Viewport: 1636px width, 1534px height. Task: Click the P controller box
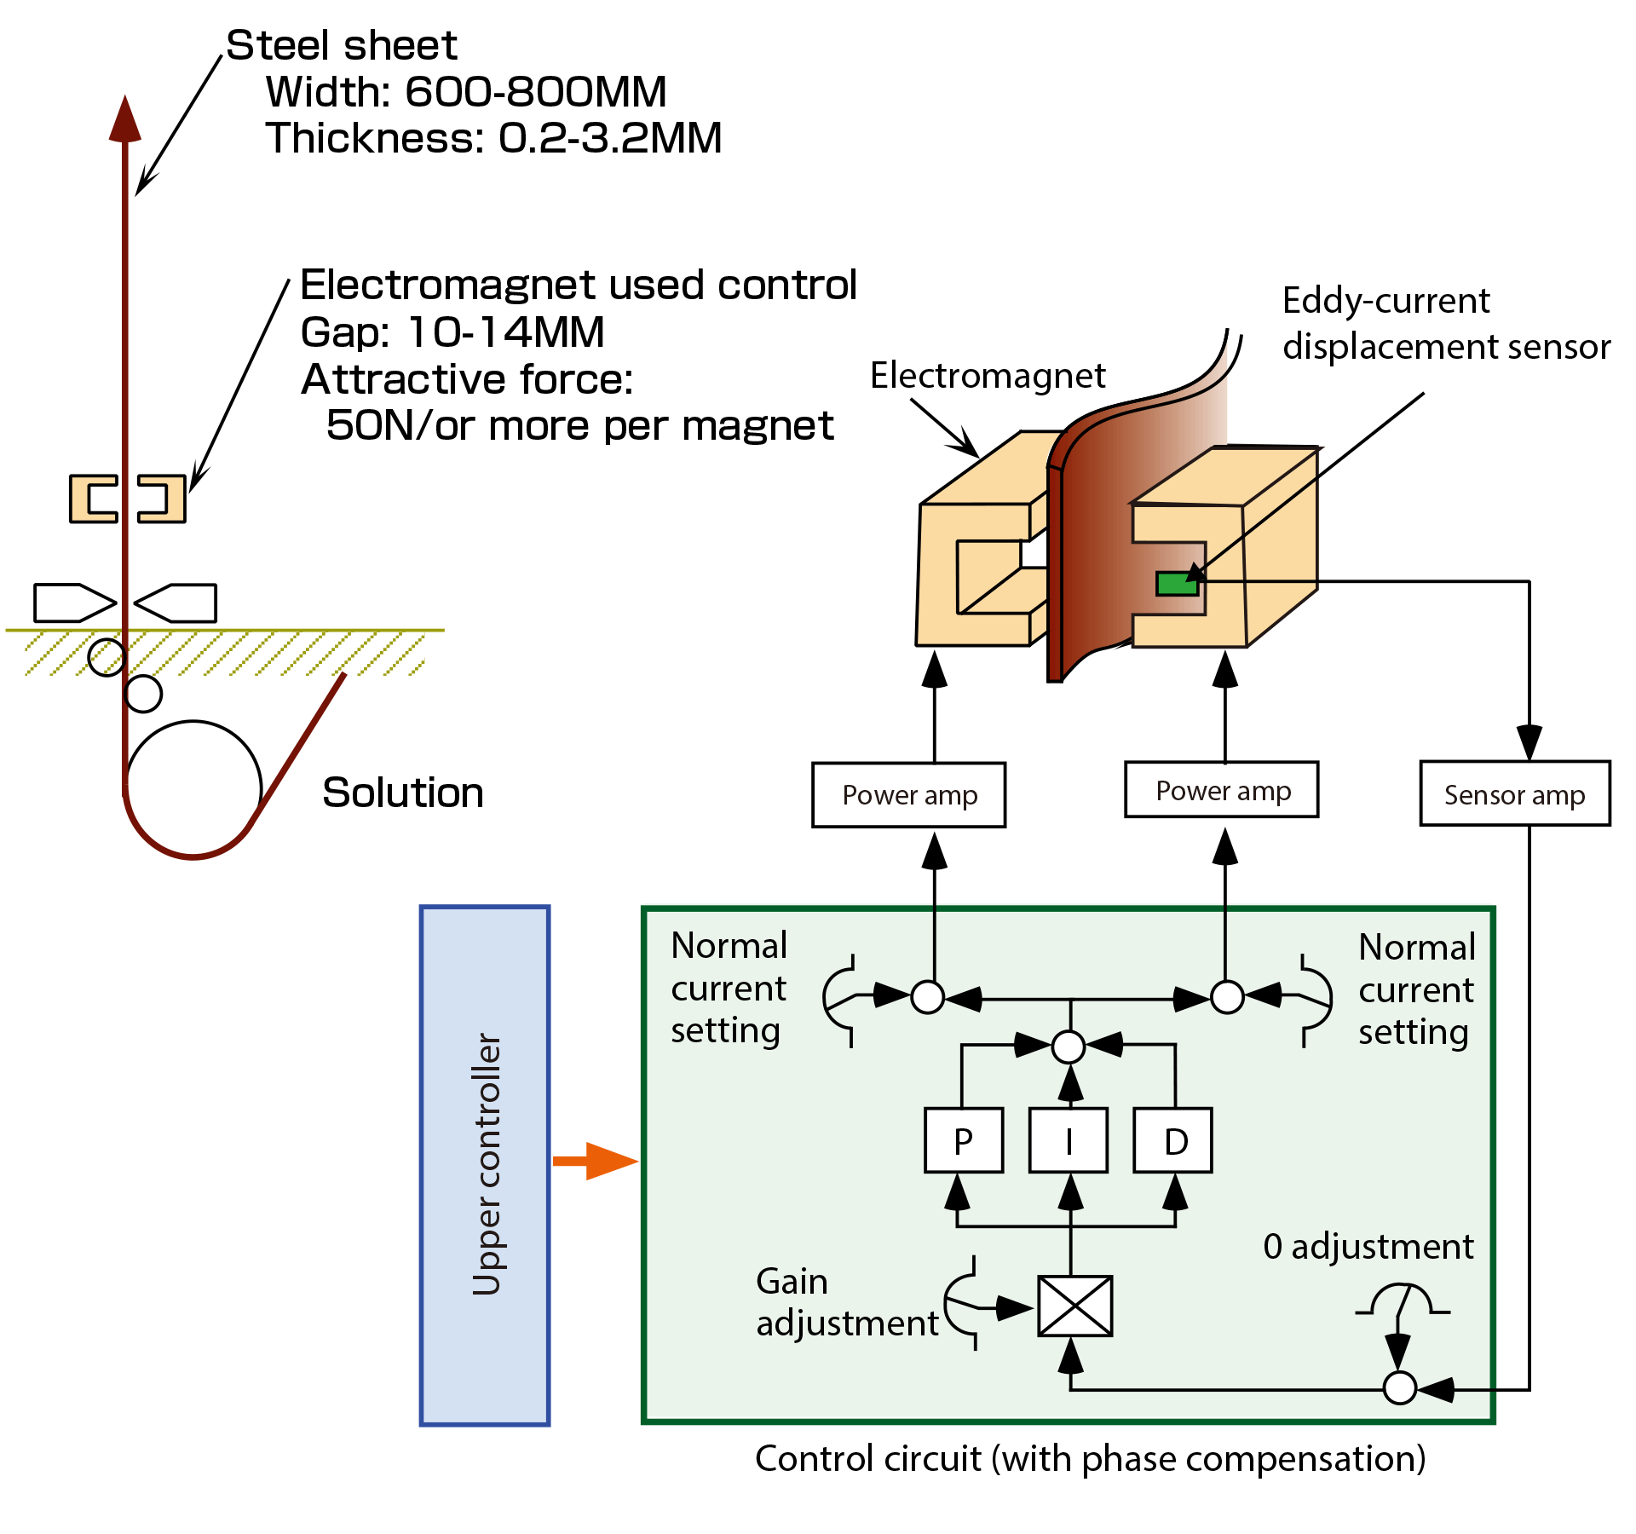964,1140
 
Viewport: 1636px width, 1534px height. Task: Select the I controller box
1069,1140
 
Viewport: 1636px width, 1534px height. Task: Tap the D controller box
1173,1140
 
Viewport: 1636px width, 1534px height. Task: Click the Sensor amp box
1515,793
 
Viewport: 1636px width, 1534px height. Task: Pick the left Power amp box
909,794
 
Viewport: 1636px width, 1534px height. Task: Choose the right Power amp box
1222,790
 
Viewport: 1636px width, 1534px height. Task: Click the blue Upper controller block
485,1165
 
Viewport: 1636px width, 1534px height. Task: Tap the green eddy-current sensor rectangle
1177,584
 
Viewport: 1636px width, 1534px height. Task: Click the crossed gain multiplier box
1075,1306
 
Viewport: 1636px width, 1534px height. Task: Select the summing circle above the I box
1069,1047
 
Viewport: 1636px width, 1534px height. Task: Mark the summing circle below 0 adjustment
1399,1387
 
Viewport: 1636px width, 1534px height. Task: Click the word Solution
403,793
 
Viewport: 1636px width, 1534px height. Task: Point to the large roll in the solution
193,788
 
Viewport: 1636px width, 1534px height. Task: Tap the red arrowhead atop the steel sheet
125,119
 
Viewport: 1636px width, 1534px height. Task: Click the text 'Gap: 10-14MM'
452,332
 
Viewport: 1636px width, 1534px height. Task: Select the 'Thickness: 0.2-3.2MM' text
493,138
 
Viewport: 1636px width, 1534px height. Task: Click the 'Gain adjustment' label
846,1302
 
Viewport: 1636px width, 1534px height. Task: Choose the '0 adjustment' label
1368,1247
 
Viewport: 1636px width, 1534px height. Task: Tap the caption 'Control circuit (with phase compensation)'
1090,1458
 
